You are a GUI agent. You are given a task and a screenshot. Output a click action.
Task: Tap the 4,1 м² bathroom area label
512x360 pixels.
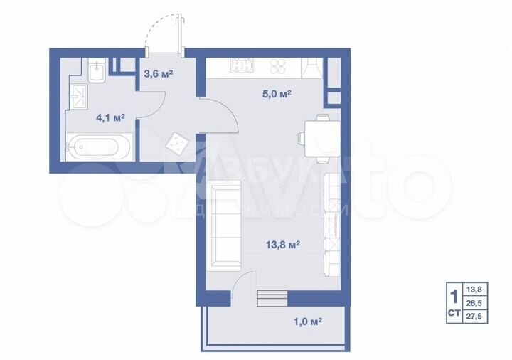tap(110, 117)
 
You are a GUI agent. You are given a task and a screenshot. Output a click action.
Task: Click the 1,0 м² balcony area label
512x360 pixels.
tap(307, 322)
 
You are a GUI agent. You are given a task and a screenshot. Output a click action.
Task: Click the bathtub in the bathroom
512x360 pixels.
tap(98, 149)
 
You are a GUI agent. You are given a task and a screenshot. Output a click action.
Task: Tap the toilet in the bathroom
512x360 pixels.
tap(97, 73)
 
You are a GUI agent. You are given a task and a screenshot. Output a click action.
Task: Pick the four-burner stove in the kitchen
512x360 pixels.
tap(277, 67)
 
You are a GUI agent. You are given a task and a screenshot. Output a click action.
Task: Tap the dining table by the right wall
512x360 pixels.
tap(317, 134)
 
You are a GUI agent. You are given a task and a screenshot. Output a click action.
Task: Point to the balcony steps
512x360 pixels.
tap(270, 297)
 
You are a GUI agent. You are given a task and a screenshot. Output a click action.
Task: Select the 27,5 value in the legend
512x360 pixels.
tap(473, 317)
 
